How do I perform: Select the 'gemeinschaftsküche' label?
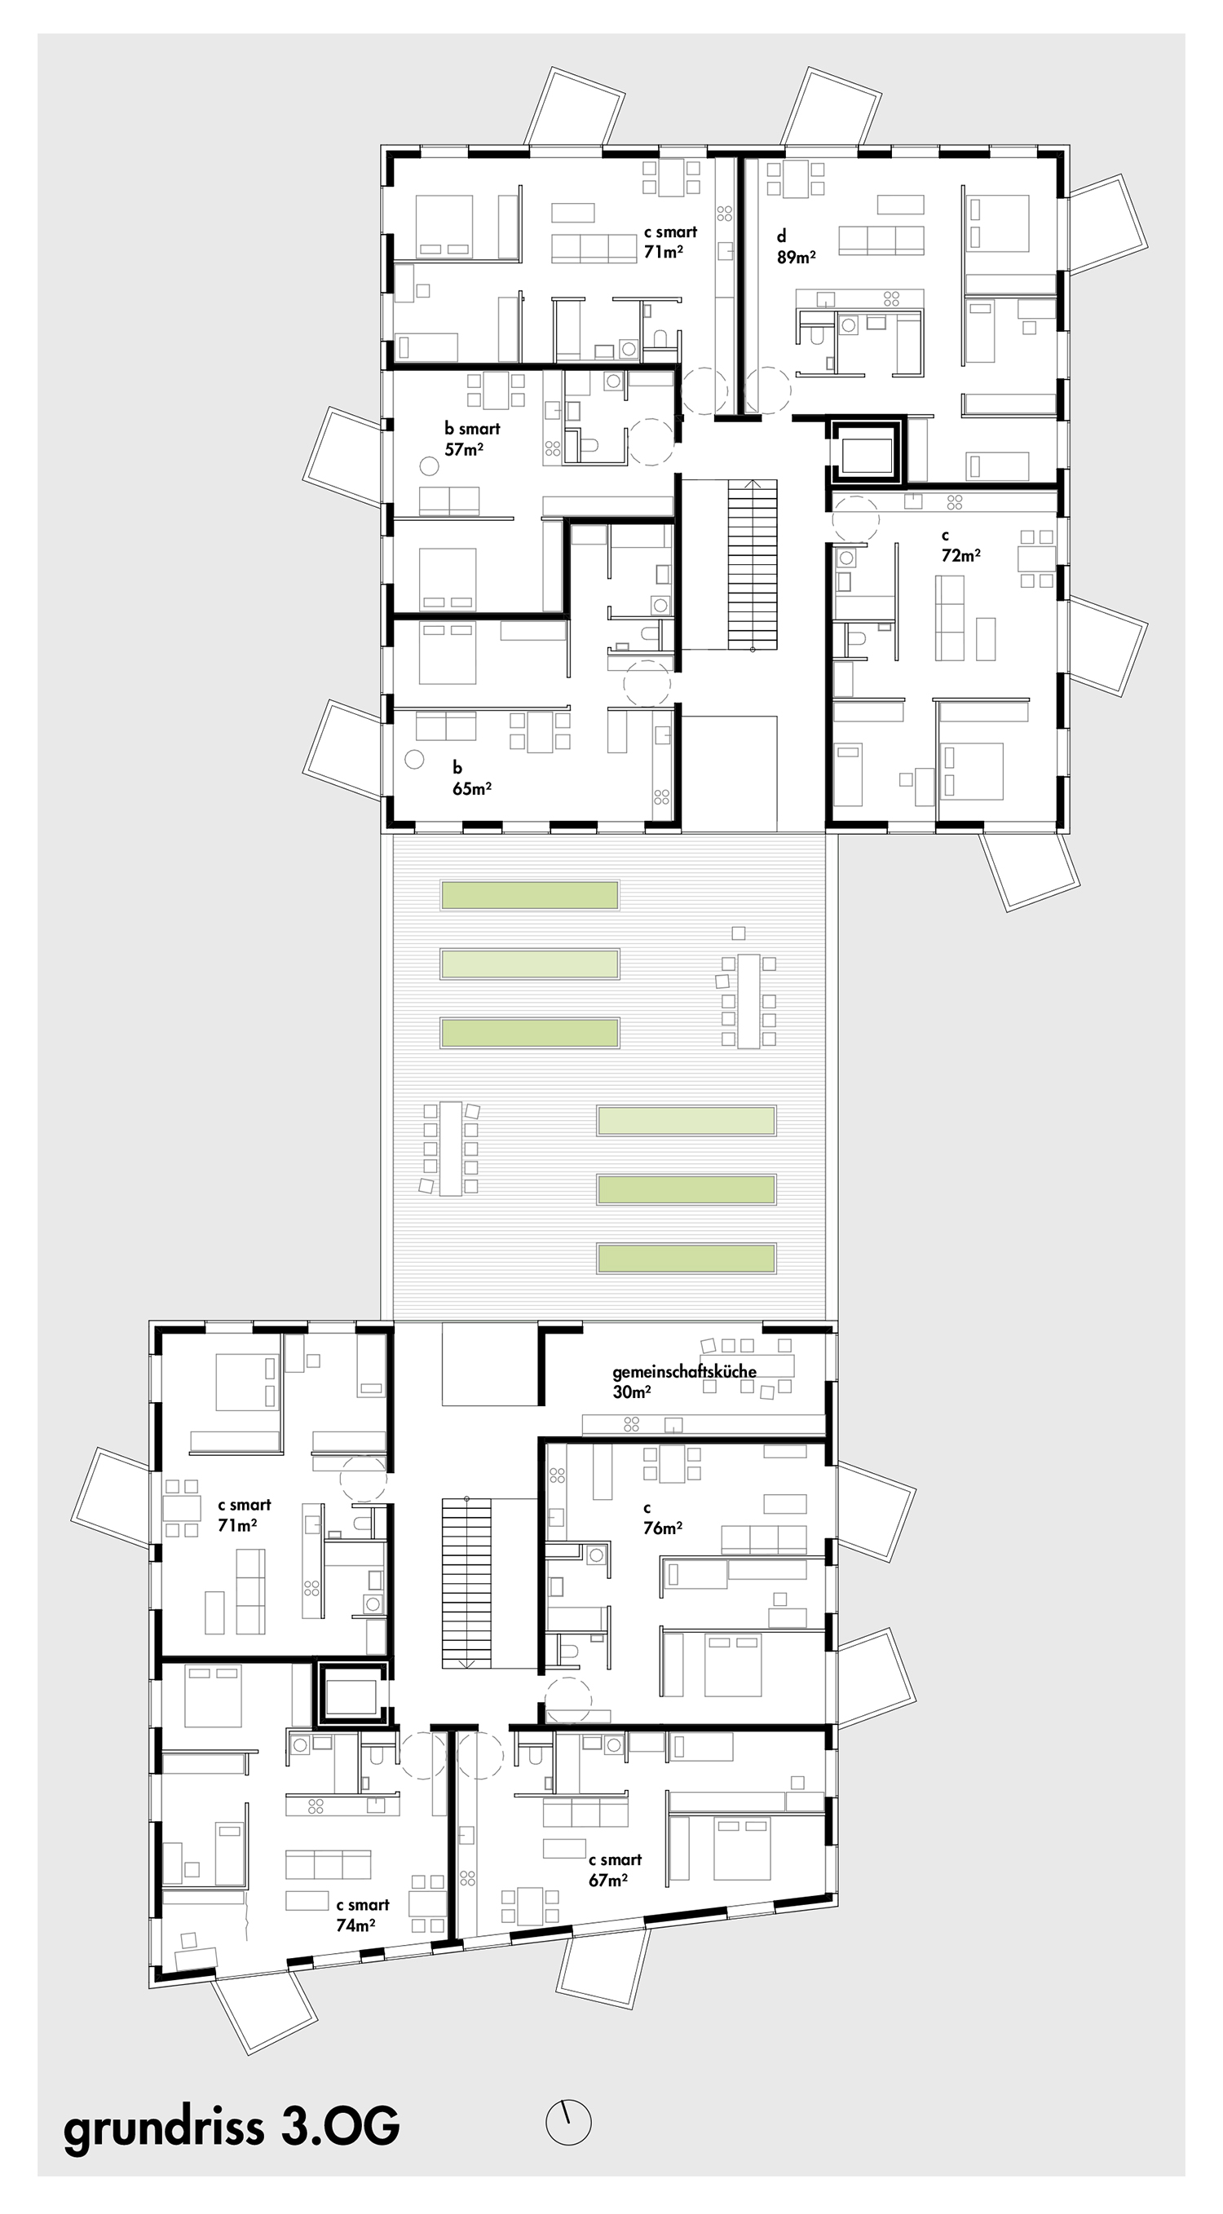point(684,1371)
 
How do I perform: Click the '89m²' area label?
point(797,256)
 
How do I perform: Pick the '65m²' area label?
point(472,788)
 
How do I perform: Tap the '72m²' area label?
point(960,555)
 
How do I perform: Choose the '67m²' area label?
point(607,1880)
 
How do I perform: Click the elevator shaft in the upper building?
point(868,452)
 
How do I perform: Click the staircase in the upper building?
point(753,565)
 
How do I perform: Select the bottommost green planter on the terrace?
point(687,1259)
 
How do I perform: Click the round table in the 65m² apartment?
point(414,760)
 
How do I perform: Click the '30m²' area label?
point(632,1391)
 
